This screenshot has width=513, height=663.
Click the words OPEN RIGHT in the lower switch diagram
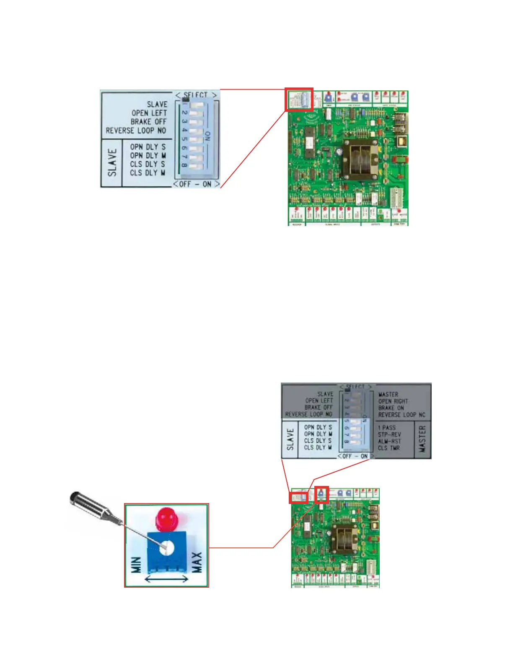click(x=393, y=401)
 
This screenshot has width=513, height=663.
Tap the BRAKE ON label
click(x=391, y=408)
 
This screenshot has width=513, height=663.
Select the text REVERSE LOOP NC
click(x=402, y=415)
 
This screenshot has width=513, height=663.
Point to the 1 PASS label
click(x=386, y=428)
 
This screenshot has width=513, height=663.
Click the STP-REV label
click(x=389, y=434)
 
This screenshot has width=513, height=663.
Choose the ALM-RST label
click(x=389, y=441)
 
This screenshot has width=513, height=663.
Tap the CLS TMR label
click(x=389, y=448)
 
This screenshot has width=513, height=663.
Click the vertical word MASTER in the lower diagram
click(x=422, y=439)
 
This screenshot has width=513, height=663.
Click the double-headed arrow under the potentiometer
click(x=166, y=579)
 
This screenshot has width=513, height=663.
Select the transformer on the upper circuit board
click(x=359, y=159)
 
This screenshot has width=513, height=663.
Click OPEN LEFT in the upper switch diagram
click(x=149, y=113)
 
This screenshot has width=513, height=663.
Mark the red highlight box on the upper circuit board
click(x=299, y=100)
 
